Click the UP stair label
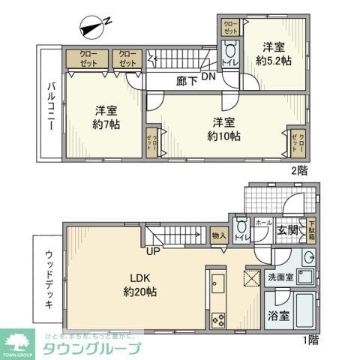(152, 250)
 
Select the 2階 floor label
(300, 170)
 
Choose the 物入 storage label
(219, 235)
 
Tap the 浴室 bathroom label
(279, 316)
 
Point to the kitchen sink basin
(217, 285)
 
